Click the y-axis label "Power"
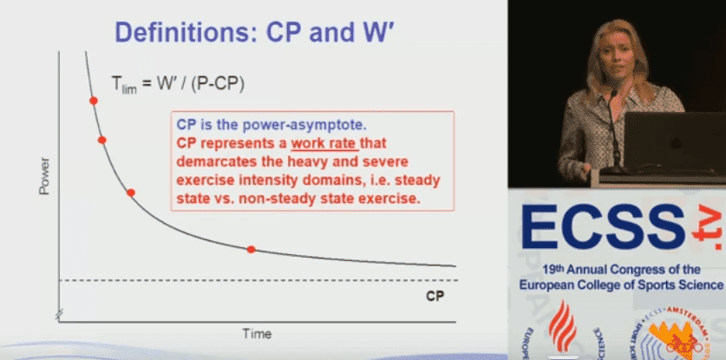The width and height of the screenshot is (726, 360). click(x=44, y=176)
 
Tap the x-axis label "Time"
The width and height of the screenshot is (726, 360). click(x=257, y=334)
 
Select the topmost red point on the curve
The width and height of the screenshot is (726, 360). click(x=94, y=101)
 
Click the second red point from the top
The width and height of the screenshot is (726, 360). click(x=102, y=140)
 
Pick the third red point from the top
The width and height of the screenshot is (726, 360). click(x=131, y=193)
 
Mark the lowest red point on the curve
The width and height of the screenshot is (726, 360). click(x=251, y=249)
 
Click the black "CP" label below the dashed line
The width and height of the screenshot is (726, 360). click(x=435, y=296)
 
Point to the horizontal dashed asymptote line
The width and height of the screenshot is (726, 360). click(x=258, y=280)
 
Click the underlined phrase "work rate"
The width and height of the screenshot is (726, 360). click(x=324, y=144)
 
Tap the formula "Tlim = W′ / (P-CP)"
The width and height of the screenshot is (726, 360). click(x=178, y=84)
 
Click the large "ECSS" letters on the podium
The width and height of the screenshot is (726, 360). click(x=603, y=227)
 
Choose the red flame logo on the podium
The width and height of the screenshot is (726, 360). click(x=562, y=325)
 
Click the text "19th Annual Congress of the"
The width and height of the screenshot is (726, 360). click(x=620, y=270)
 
